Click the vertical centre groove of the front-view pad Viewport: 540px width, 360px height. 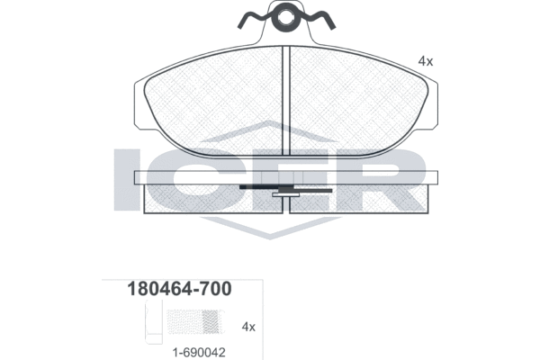tap(286, 101)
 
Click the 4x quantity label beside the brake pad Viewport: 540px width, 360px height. tap(426, 61)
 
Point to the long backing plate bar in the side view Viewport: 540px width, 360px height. tap(286, 177)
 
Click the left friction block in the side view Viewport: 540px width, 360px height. tap(213, 199)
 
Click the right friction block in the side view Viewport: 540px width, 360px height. tap(359, 199)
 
